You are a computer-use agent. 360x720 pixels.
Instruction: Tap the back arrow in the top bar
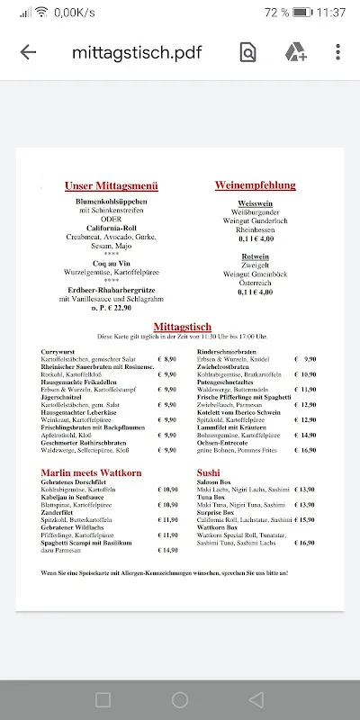pyautogui.click(x=28, y=52)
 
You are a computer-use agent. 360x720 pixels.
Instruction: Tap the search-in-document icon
pyautogui.click(x=247, y=52)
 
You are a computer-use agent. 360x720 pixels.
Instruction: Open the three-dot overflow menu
pyautogui.click(x=337, y=52)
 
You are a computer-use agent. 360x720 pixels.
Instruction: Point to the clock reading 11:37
pyautogui.click(x=332, y=13)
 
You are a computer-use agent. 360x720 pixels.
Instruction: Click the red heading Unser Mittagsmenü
pyautogui.click(x=112, y=186)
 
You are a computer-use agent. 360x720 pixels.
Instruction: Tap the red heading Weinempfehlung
pyautogui.click(x=255, y=185)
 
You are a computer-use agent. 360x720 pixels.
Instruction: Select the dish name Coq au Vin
pyautogui.click(x=111, y=263)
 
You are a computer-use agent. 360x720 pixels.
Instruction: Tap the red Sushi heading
pyautogui.click(x=208, y=472)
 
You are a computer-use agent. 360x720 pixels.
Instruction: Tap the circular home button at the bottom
pyautogui.click(x=180, y=699)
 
